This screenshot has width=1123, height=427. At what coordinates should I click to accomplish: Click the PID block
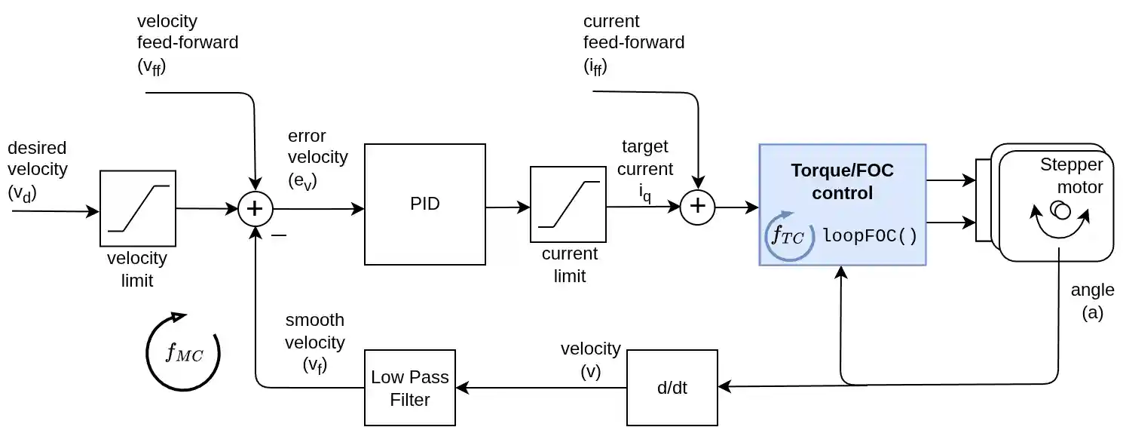[424, 204]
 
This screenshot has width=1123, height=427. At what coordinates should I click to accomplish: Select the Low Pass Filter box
[410, 388]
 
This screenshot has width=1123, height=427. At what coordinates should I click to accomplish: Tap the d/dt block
[672, 388]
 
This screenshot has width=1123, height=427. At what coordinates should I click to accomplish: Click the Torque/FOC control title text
[841, 181]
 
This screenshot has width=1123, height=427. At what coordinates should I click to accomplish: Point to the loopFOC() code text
[870, 236]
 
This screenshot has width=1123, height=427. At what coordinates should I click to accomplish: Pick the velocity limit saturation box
[138, 208]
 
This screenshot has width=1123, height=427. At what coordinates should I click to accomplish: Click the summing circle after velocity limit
[256, 209]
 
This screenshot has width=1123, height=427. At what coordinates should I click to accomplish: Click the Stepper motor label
[1071, 175]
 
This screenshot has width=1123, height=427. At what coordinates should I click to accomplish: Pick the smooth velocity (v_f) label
[314, 343]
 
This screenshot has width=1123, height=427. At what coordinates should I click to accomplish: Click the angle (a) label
[1092, 300]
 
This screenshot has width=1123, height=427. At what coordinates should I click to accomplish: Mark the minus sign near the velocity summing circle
[279, 235]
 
